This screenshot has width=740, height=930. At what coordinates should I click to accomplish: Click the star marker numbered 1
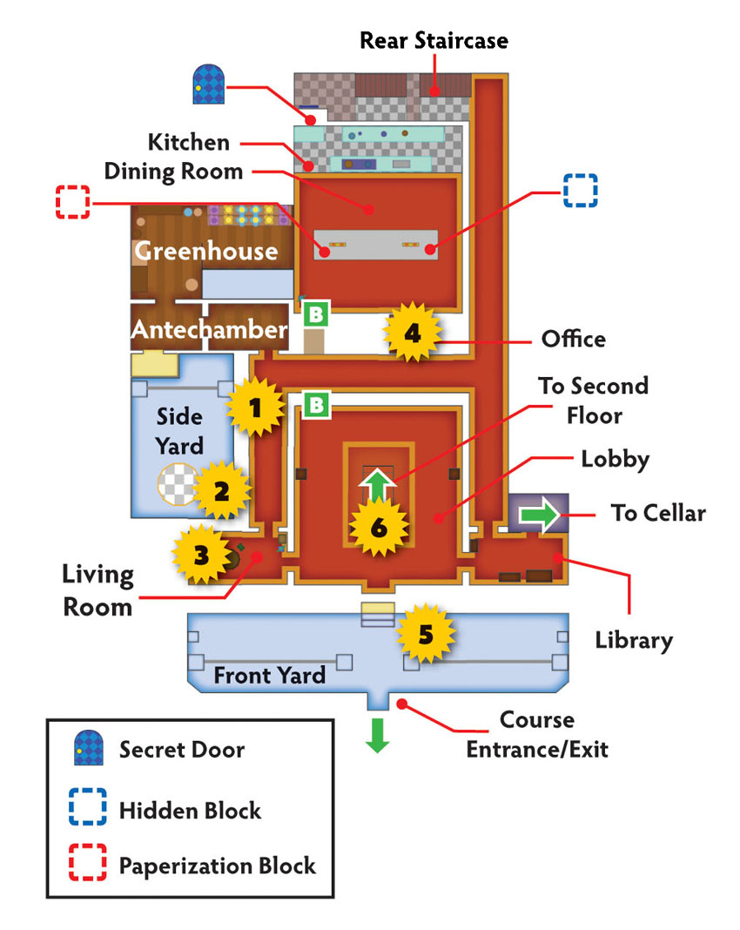point(256,408)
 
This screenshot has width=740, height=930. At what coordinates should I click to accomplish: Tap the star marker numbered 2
point(222,490)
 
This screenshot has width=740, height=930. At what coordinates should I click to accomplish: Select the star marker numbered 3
point(202,555)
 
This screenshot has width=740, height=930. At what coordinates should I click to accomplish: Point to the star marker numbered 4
point(413,332)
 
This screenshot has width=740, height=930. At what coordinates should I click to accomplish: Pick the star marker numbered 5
point(426,634)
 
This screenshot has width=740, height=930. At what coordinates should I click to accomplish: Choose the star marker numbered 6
point(379,527)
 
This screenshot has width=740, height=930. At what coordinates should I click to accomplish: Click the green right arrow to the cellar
point(539,514)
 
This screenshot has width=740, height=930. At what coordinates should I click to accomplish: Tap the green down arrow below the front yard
point(377,736)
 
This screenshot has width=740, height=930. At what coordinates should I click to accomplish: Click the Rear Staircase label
point(434,40)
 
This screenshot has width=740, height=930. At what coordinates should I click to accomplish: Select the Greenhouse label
point(206,251)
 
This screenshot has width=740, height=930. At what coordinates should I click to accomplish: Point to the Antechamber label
point(209,329)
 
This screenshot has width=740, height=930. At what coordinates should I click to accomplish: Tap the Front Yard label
point(270,675)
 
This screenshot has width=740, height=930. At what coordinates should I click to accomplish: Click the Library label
point(634,641)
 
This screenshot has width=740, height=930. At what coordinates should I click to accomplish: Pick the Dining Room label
point(174,172)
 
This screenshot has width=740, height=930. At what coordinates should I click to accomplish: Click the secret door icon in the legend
point(89,747)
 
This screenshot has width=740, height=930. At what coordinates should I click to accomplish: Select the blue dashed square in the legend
point(88,806)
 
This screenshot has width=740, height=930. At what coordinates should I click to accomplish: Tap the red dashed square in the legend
point(88,862)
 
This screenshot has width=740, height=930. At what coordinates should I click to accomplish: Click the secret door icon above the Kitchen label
point(209,84)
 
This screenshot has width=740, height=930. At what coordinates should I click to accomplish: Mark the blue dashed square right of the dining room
point(580,191)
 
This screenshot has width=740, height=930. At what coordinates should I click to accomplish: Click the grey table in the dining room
point(376,245)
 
